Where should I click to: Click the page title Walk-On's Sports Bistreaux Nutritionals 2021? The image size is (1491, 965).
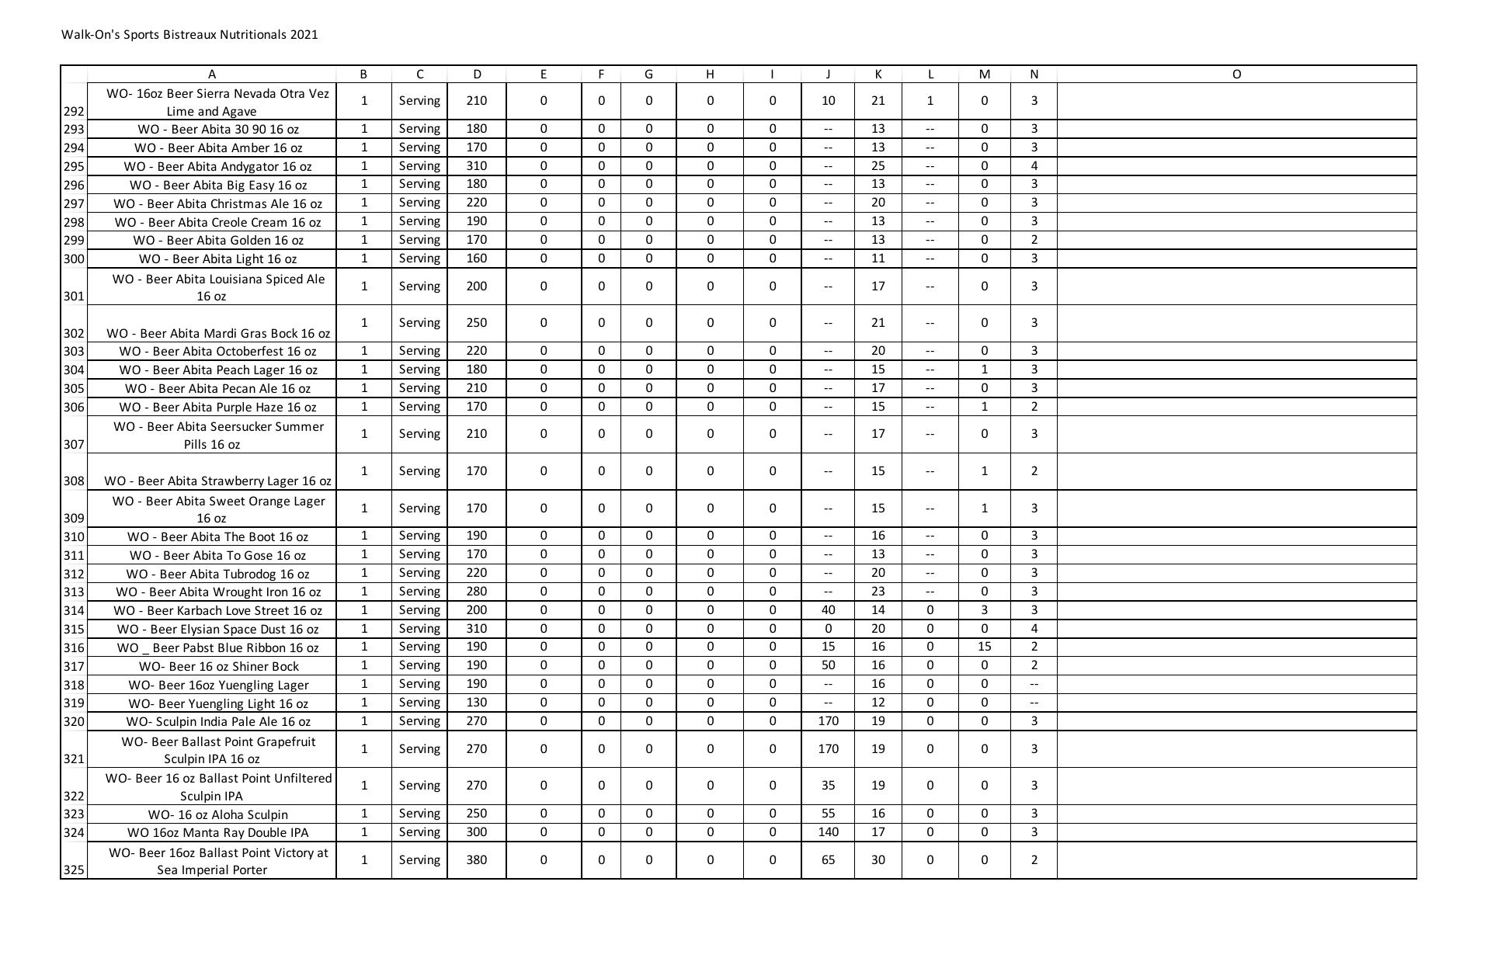[x=189, y=35]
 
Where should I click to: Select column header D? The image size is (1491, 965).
[x=477, y=75]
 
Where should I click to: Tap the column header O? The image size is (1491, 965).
[x=1236, y=75]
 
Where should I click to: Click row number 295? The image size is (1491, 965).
[x=74, y=167]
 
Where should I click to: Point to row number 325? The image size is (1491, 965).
[x=74, y=870]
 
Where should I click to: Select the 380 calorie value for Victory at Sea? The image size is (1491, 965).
[x=477, y=860]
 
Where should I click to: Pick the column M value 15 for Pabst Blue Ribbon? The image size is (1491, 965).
[x=984, y=647]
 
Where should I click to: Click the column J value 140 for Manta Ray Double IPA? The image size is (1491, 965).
[x=828, y=832]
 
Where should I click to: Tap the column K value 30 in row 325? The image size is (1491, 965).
[x=878, y=860]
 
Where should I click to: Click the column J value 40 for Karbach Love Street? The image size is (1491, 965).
[x=828, y=610]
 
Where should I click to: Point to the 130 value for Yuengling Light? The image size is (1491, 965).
[x=477, y=703]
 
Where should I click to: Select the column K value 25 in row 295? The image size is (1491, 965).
[x=878, y=166]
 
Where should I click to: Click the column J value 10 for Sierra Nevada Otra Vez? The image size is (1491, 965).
[x=828, y=101]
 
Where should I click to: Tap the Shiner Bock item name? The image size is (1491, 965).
[x=219, y=667]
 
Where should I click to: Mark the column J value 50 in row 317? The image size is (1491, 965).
[x=828, y=665]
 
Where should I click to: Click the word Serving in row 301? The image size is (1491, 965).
[x=419, y=286]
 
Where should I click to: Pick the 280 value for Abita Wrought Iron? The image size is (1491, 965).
[x=477, y=592]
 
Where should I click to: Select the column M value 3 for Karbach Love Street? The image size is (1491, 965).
[x=984, y=610]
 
